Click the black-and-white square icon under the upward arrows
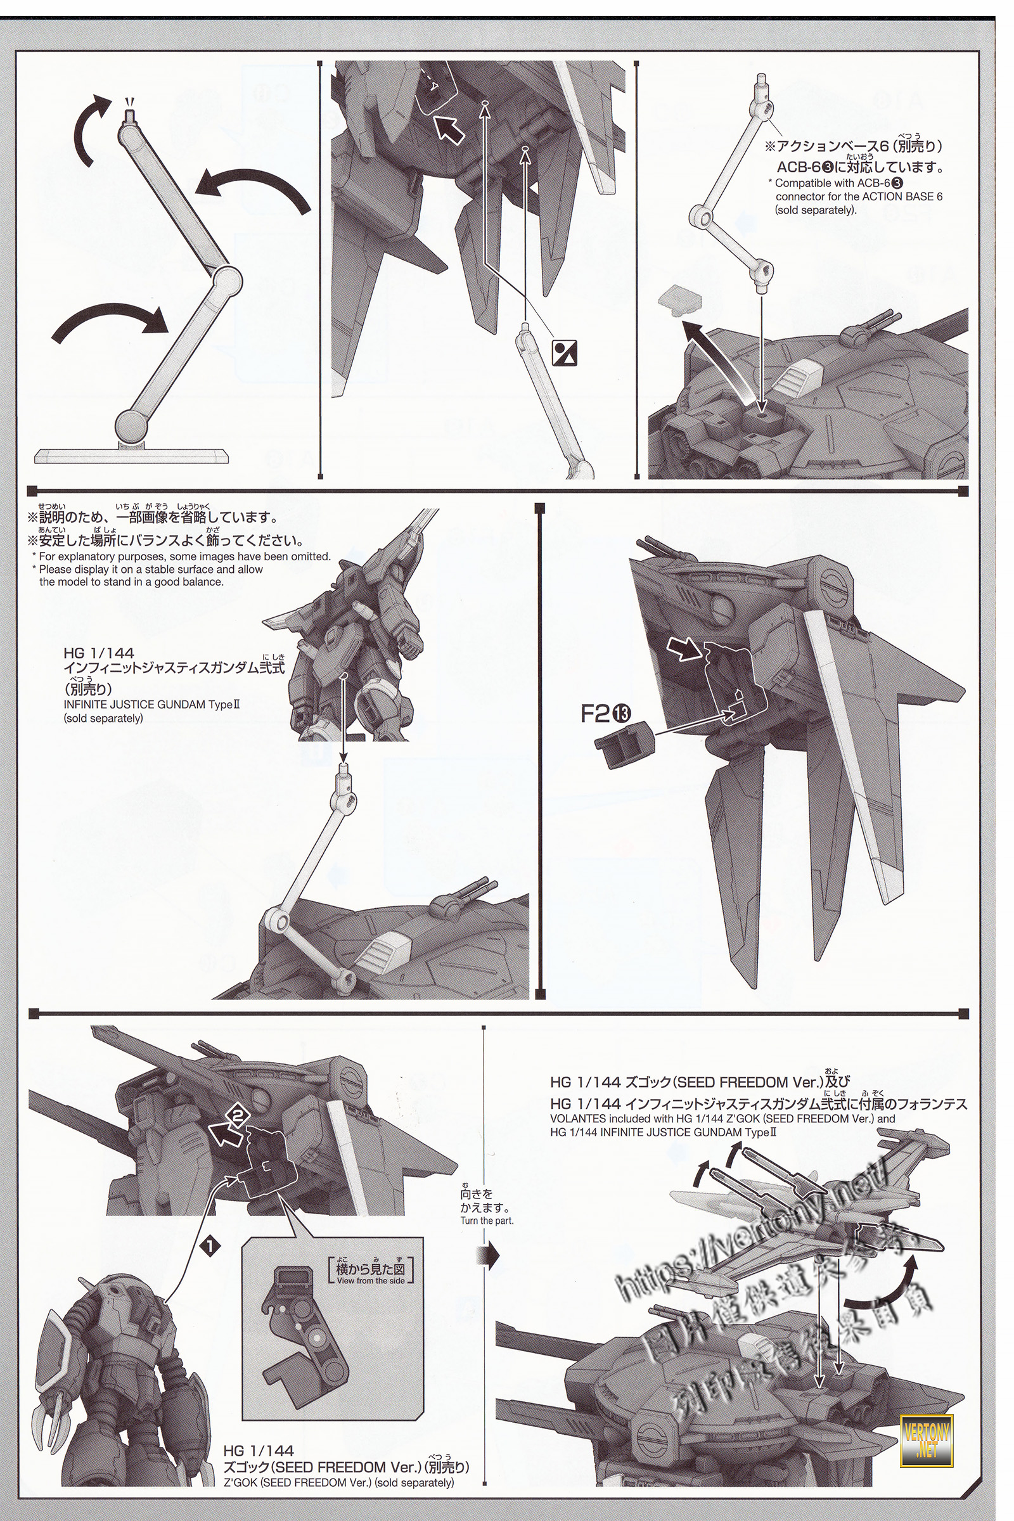[564, 352]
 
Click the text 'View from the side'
[371, 1280]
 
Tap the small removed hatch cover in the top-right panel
[680, 298]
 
